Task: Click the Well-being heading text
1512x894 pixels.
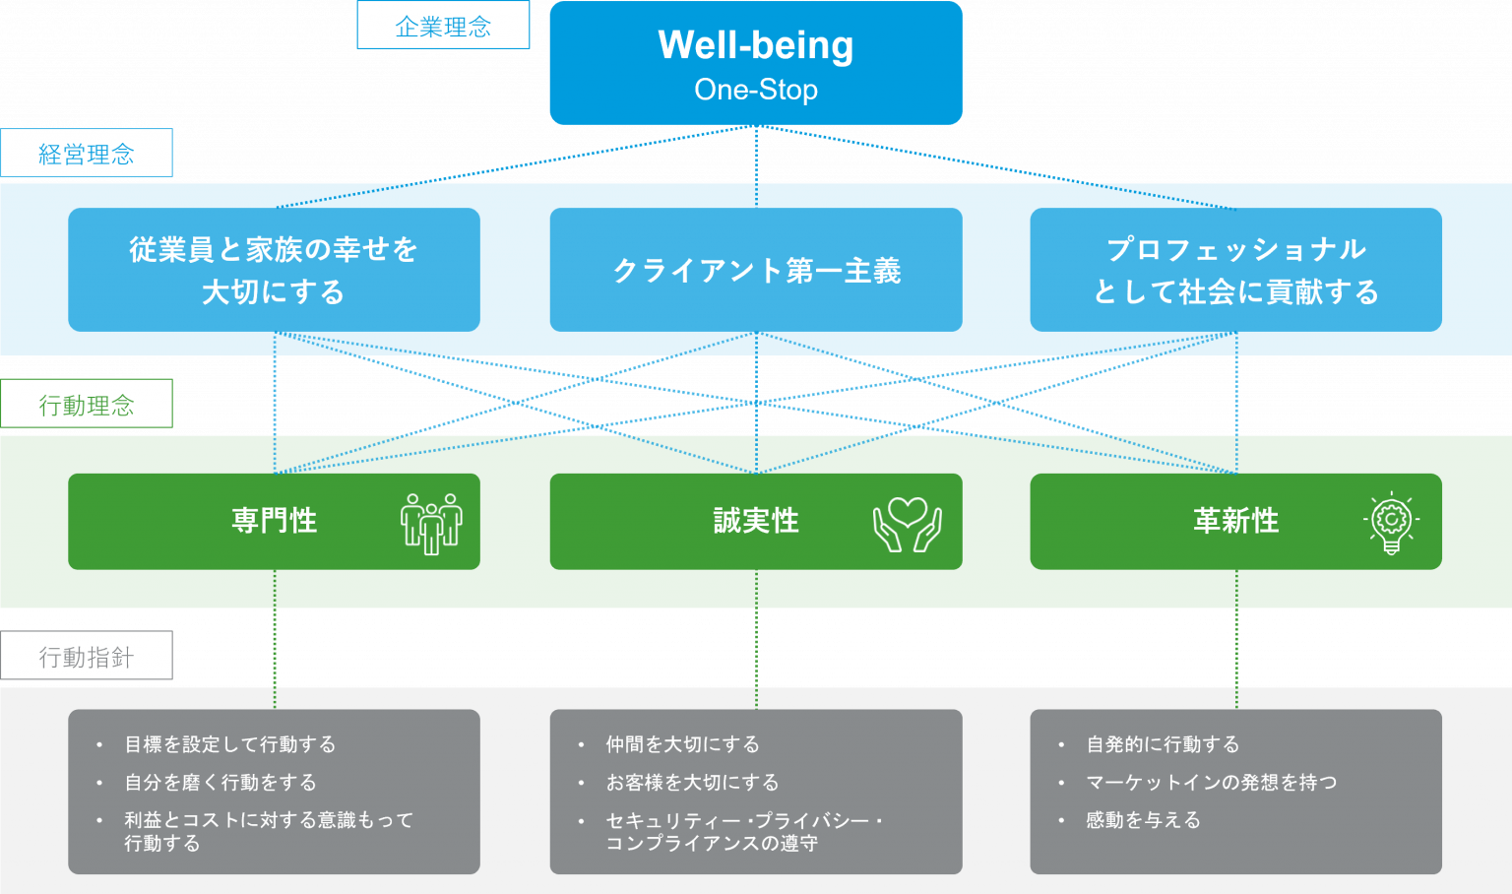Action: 756,46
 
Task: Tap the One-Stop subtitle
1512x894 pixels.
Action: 756,90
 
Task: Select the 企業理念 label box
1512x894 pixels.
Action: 443,25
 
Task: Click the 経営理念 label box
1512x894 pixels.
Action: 87,153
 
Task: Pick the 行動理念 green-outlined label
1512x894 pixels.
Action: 87,404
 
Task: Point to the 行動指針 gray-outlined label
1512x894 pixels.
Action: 87,655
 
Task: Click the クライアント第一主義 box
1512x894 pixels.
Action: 756,270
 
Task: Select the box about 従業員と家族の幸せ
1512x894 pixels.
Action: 274,270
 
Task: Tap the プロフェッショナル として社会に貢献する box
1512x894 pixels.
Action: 1236,270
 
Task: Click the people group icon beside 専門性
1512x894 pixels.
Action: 431,524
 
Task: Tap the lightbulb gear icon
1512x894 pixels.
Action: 1391,523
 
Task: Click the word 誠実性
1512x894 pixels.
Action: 756,521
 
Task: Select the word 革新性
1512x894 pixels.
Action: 1236,521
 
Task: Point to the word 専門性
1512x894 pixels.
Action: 274,521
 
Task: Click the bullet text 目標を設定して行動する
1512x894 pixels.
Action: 230,744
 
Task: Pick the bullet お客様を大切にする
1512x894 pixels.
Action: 693,782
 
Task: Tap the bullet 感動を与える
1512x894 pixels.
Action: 1144,820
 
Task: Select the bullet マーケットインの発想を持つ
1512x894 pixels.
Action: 1212,782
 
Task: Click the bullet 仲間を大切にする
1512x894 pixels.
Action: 682,744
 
